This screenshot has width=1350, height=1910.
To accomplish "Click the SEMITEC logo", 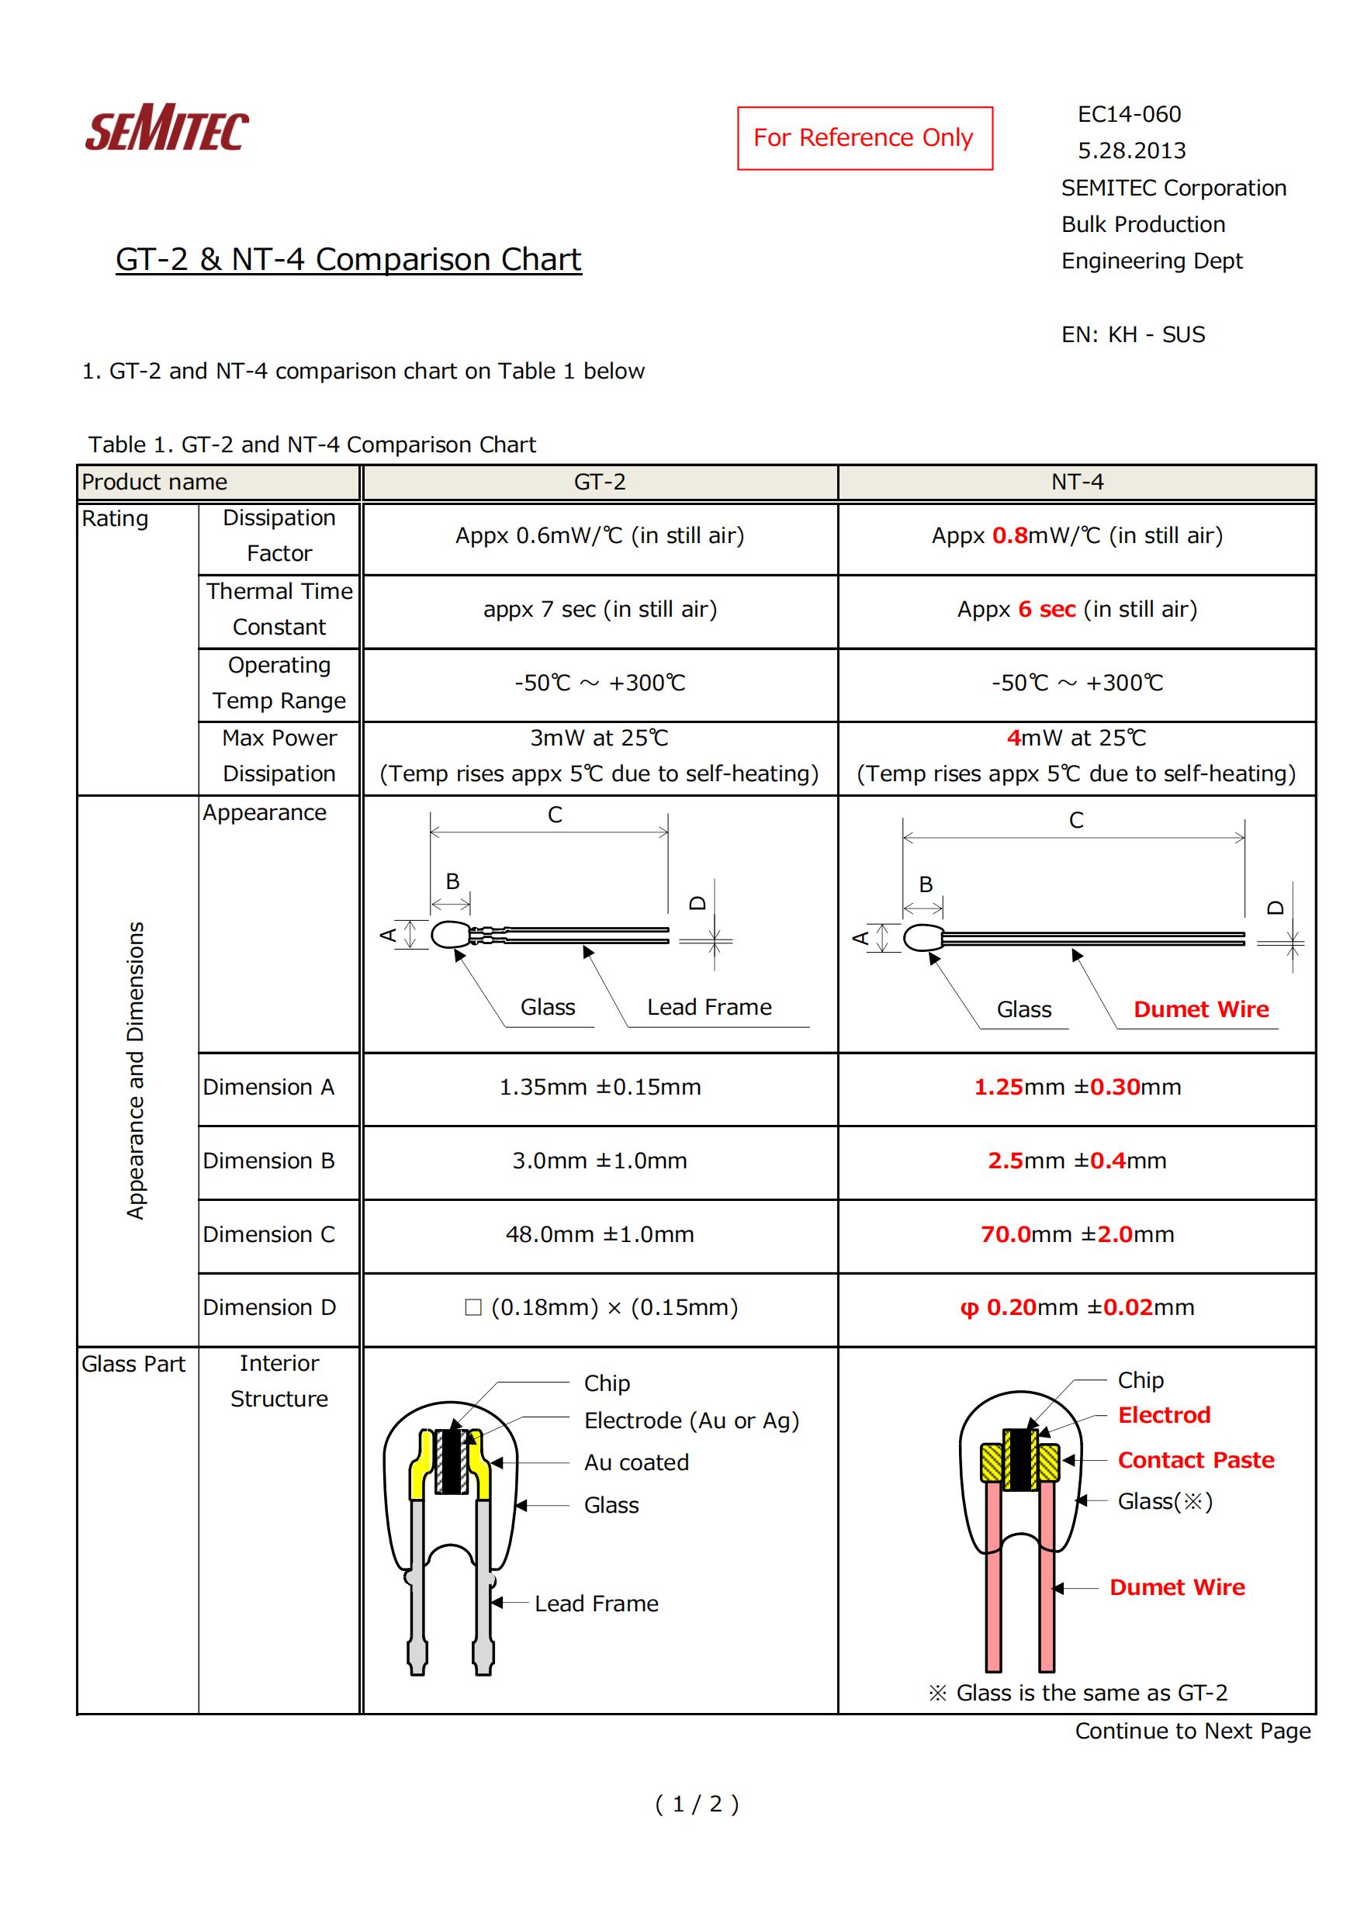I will (x=166, y=128).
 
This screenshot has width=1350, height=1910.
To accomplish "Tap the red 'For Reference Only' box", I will (x=864, y=138).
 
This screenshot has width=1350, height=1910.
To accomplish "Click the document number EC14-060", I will (x=1129, y=114).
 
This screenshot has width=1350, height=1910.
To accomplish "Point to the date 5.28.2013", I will (x=1131, y=151).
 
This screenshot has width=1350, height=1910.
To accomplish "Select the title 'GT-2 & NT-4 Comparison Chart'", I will (x=348, y=260).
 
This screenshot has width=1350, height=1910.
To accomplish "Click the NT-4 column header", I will (x=1076, y=483).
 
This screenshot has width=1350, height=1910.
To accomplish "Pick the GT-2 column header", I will (x=599, y=483).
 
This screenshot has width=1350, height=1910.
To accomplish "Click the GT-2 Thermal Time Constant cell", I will (x=599, y=610).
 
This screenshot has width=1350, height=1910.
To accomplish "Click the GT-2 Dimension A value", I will (x=599, y=1087).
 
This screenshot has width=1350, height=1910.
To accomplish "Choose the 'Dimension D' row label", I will (x=268, y=1308).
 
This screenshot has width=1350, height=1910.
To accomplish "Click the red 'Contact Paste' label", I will (x=1196, y=1460).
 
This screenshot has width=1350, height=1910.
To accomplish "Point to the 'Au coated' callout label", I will (x=636, y=1462).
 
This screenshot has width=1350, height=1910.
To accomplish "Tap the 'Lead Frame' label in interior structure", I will (x=596, y=1604).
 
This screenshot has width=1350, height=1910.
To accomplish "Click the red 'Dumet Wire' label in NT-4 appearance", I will (x=1200, y=1010).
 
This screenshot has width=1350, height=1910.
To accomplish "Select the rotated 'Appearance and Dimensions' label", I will (x=136, y=1071).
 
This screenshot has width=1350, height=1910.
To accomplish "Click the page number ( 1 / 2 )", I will (x=696, y=1804).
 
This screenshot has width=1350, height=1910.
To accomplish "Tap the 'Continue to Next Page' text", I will (x=1192, y=1731).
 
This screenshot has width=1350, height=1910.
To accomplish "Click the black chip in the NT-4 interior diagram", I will (x=1019, y=1461).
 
